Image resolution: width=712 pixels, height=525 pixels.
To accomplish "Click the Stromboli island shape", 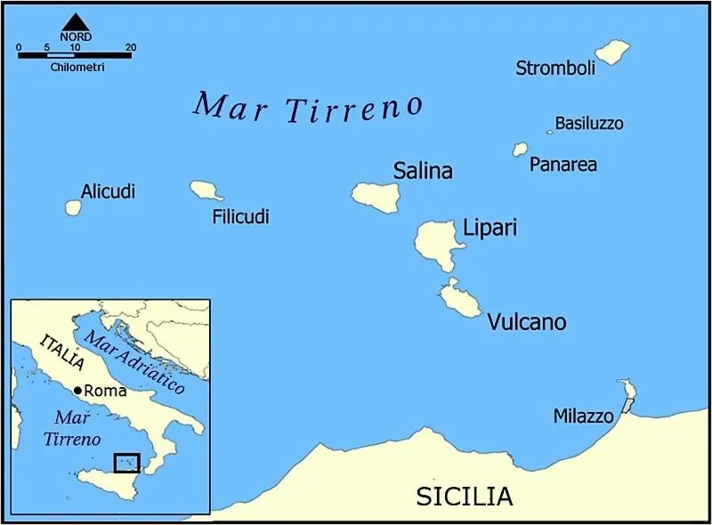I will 611,52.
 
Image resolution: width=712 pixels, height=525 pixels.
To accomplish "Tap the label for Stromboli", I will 555,69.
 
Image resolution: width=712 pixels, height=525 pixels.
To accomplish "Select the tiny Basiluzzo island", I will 549,132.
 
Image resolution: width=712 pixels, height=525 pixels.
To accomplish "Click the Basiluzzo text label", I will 589,123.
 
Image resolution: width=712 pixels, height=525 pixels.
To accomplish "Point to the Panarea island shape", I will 520,149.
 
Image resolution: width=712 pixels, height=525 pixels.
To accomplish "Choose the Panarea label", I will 562,165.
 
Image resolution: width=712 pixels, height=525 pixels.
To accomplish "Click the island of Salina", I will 375,197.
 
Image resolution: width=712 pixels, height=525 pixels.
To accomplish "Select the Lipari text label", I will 489,229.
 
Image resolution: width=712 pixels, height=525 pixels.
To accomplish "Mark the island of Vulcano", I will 460,301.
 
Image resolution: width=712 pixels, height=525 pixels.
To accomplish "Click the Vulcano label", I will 526,322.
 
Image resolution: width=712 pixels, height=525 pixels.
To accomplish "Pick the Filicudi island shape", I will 205,190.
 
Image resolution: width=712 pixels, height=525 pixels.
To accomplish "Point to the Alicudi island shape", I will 73,207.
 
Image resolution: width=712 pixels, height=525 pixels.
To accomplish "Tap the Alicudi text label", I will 108,191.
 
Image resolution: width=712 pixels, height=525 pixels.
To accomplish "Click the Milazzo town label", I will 583,416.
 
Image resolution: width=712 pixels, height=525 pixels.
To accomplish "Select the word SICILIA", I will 465,496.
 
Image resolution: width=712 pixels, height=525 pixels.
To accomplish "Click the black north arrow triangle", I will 76,20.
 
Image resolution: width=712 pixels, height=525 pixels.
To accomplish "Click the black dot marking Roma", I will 78,391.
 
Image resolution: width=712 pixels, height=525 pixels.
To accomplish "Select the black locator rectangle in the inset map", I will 127,462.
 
